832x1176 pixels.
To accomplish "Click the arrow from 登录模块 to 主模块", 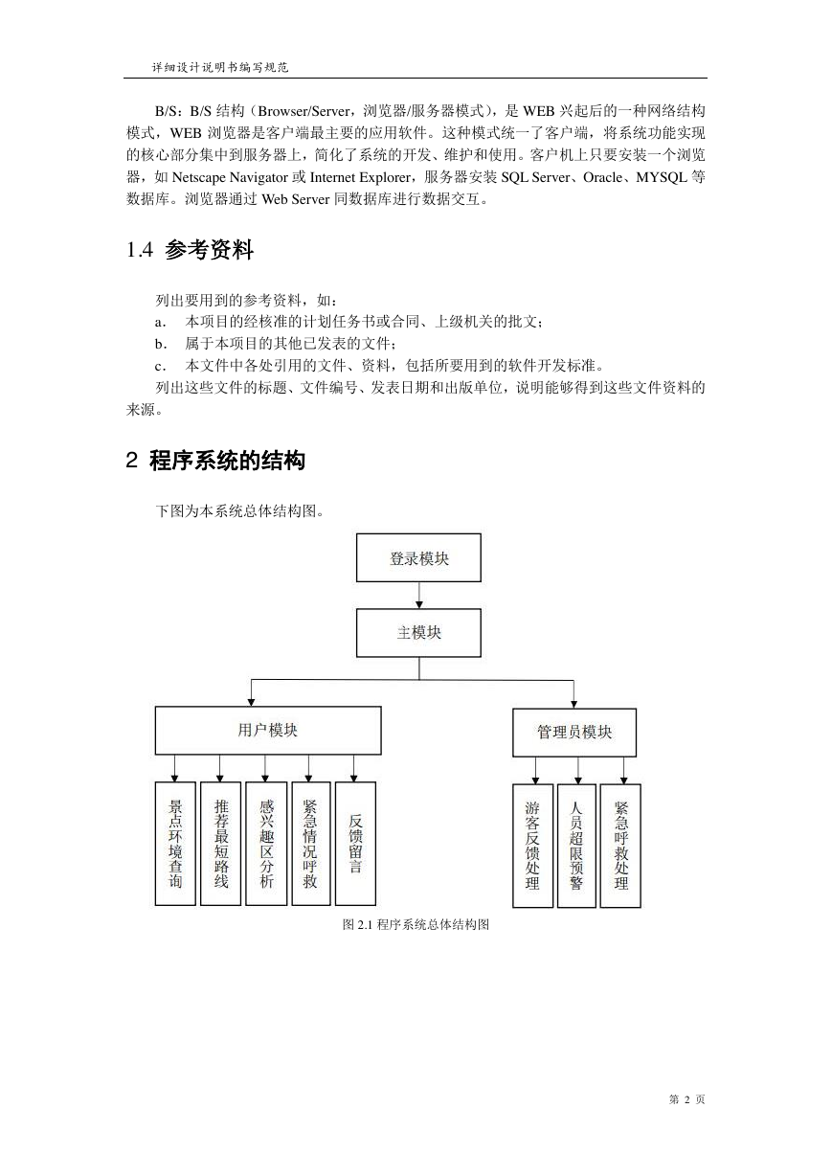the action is (x=419, y=596).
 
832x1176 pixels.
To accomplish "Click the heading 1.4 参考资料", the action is (x=190, y=249).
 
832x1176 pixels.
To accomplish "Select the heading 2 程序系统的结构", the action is (x=215, y=461).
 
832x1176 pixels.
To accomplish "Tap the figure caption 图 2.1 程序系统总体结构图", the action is (x=416, y=924).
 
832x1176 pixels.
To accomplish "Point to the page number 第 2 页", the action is (x=687, y=1098).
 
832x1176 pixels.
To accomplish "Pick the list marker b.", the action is (x=161, y=344).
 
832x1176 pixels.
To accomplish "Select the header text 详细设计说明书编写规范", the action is (x=220, y=67).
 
